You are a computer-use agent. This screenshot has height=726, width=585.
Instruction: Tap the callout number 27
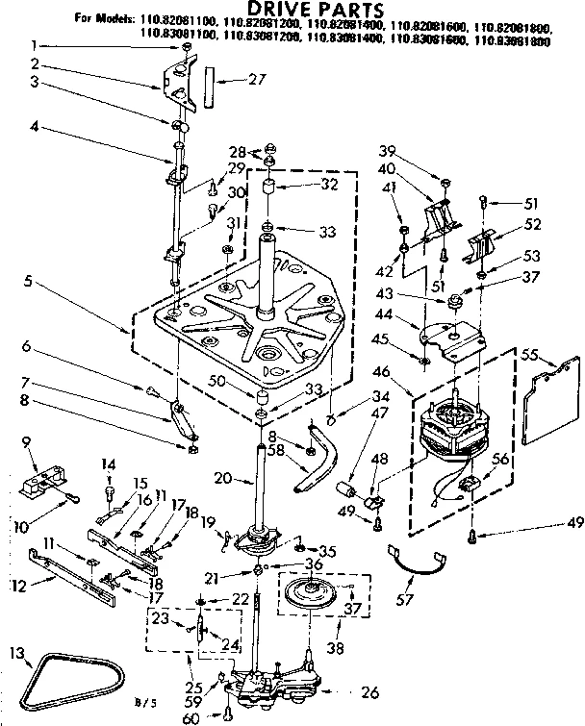coord(255,80)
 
